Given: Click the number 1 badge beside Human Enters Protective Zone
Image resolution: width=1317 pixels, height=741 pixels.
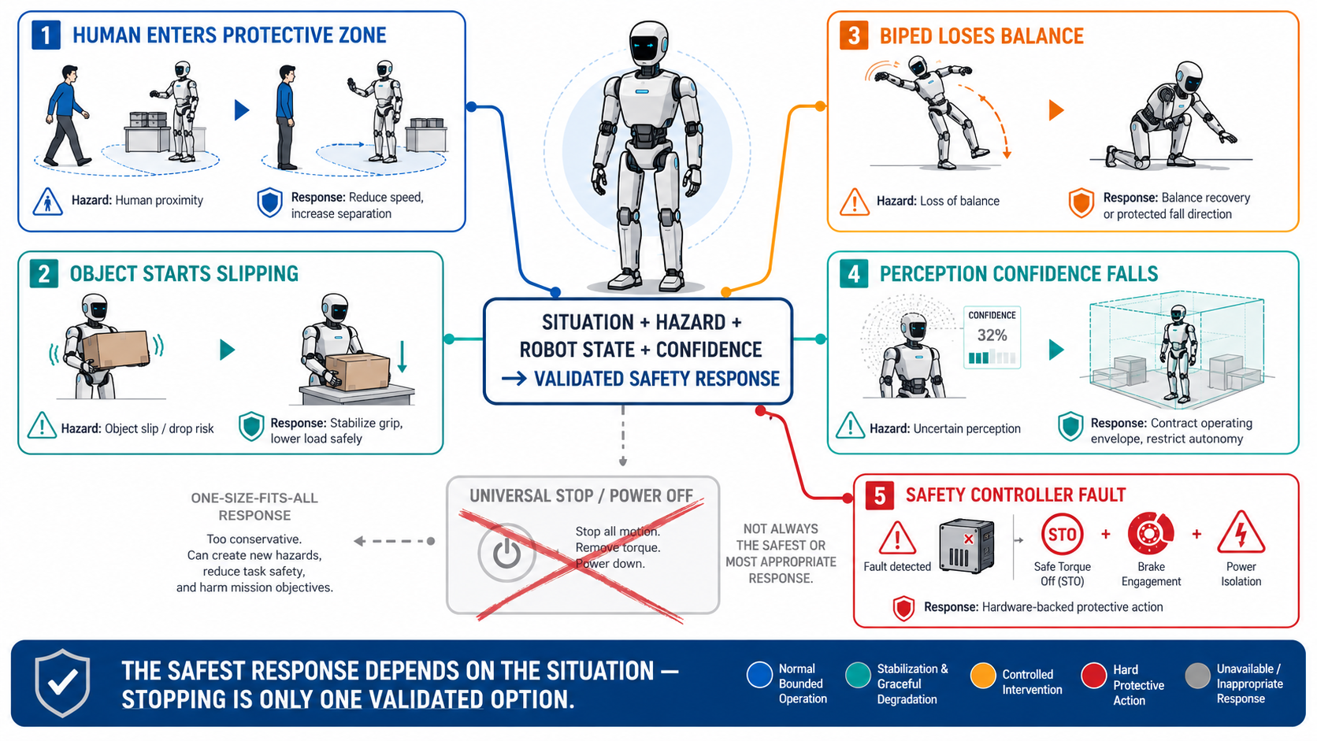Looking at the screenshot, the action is (x=46, y=35).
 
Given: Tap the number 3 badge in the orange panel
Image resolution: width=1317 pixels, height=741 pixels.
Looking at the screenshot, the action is (x=854, y=36).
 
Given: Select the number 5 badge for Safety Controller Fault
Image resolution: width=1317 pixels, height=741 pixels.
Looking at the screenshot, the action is (x=880, y=495).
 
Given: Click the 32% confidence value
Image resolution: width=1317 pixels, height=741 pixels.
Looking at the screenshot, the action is (x=992, y=335).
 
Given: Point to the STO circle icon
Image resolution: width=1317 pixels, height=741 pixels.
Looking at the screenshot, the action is (x=1062, y=534).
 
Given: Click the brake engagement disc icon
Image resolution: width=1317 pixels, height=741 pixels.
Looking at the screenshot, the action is (x=1150, y=534).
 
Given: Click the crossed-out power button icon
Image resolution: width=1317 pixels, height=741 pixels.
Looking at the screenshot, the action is (x=506, y=553).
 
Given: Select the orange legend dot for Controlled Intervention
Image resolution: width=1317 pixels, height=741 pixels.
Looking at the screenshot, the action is (x=983, y=675).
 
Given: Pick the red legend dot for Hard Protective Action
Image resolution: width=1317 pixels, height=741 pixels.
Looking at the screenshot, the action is (x=1093, y=675).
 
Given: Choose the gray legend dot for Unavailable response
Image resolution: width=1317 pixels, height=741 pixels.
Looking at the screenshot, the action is (x=1197, y=675).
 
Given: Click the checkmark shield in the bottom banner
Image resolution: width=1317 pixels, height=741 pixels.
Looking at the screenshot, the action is (x=62, y=683).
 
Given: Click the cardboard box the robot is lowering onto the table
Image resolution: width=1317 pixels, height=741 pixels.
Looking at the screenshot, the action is (x=358, y=372).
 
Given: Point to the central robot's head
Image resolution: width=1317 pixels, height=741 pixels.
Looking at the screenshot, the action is (x=648, y=43).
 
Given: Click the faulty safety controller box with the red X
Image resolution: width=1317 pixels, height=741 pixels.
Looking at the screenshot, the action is (x=966, y=546).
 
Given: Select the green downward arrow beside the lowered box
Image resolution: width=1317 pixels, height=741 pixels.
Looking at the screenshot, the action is (x=403, y=357).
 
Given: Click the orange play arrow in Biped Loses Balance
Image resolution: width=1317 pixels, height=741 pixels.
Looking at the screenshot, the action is (x=1056, y=110).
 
